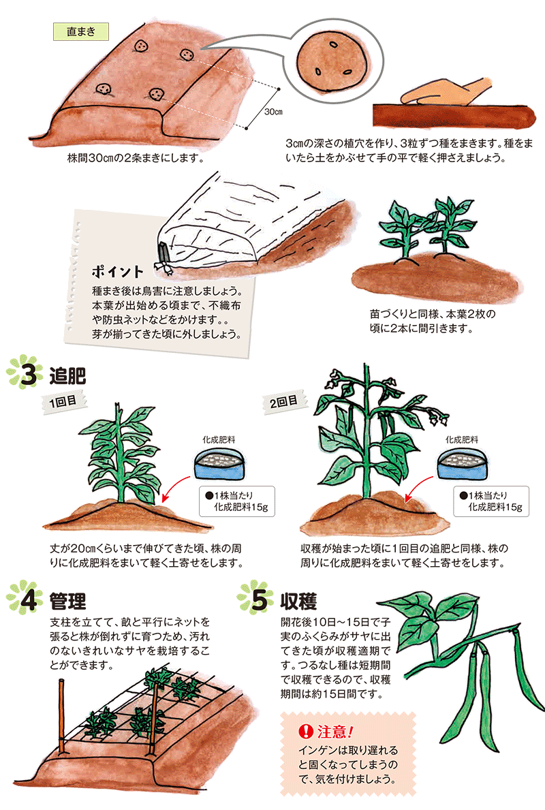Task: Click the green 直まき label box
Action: tap(81, 31)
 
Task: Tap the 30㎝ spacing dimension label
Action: tap(273, 112)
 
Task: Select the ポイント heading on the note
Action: tap(117, 271)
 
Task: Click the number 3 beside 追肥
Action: tap(29, 375)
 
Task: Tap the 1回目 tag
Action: tap(63, 401)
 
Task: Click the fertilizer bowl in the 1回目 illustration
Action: tap(219, 465)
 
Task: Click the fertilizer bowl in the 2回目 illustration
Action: tap(463, 464)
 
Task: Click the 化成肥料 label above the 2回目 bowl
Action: tap(462, 439)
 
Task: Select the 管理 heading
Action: tap(67, 602)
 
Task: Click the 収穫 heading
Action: tap(298, 602)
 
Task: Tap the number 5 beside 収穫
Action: tap(260, 599)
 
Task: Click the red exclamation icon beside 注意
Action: tap(307, 731)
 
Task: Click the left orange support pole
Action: tap(61, 717)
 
